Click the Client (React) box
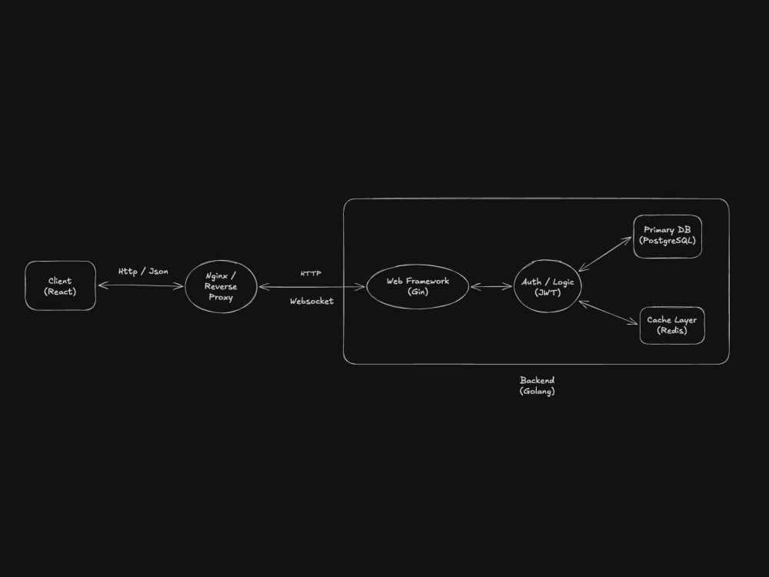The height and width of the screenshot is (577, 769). [x=60, y=285]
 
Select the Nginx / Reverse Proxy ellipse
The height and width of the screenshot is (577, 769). [x=221, y=286]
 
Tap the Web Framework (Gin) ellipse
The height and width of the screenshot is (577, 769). [x=418, y=286]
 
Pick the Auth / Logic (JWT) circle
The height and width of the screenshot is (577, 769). [x=548, y=286]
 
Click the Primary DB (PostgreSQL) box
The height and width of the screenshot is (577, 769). [x=667, y=236]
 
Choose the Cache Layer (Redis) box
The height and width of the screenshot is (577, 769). [x=672, y=325]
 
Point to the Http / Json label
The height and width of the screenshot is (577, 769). [x=143, y=272]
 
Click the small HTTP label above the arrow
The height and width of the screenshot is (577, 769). [x=311, y=273]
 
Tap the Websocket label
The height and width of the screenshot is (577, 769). [x=312, y=301]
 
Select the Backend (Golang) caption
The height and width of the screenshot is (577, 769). [x=537, y=385]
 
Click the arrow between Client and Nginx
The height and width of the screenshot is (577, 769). [x=140, y=285]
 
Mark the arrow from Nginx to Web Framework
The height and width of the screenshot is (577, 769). [x=312, y=287]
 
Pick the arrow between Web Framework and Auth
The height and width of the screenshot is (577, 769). [x=491, y=286]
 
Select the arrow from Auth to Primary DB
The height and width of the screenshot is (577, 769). [x=605, y=254]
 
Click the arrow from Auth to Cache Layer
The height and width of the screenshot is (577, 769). [x=608, y=312]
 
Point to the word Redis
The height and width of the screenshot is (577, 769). [x=672, y=331]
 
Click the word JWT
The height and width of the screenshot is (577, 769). [x=548, y=292]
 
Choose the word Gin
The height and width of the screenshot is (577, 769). [x=418, y=292]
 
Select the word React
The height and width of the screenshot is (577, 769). [x=60, y=292]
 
